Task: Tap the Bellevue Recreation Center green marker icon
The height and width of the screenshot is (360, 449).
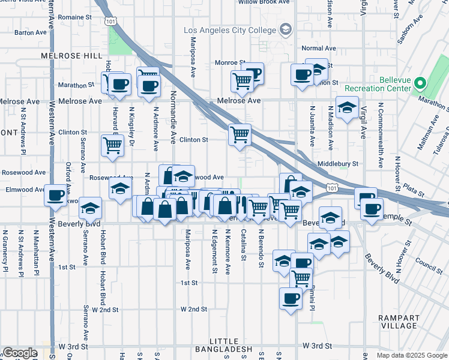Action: click(x=421, y=83)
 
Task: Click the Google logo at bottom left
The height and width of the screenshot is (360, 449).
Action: click(x=20, y=353)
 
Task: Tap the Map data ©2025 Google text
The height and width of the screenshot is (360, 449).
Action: click(x=411, y=355)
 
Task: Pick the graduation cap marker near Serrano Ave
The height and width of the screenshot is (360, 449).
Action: click(x=90, y=209)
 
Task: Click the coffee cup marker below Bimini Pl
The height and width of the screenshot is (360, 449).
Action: click(x=291, y=299)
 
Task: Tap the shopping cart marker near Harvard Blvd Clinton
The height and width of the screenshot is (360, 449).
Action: click(x=112, y=146)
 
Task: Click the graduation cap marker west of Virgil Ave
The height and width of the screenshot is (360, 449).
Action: click(x=347, y=108)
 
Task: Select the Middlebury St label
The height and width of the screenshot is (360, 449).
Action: click(x=338, y=163)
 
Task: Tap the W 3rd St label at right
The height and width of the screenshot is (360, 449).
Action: click(x=318, y=346)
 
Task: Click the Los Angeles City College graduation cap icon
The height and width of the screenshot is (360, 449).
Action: click(x=286, y=29)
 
